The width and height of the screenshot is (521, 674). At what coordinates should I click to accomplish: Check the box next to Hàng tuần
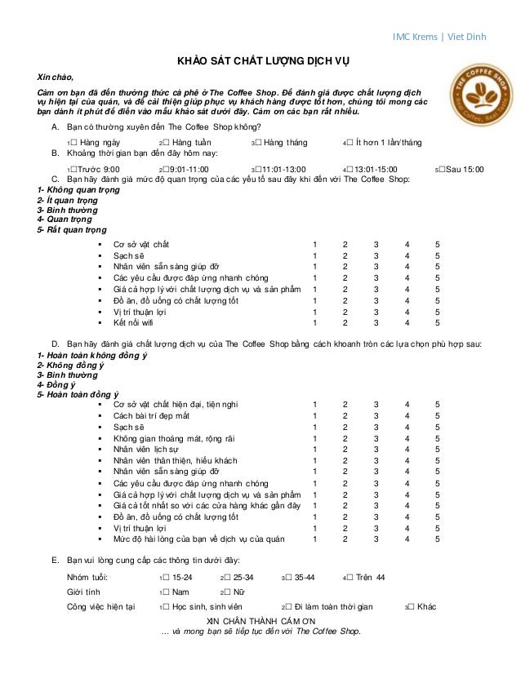point(167,143)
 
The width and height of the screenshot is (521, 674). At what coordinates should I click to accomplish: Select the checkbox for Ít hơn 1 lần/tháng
point(351,143)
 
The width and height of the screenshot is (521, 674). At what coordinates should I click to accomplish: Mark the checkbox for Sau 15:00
point(442,170)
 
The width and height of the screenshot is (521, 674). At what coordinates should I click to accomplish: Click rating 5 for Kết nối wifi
point(437,322)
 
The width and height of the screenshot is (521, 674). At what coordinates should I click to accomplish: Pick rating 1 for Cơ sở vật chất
point(315,244)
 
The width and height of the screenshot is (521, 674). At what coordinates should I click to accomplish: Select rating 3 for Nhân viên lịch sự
point(376,449)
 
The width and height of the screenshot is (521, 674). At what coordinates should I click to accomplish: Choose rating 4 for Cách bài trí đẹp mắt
point(407,415)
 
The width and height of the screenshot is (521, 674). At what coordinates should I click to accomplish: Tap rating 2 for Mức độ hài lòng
point(345,539)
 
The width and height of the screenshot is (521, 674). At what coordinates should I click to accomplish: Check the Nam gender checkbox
point(167,592)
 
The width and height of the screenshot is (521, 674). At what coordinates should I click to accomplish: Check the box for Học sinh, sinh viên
point(167,607)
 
